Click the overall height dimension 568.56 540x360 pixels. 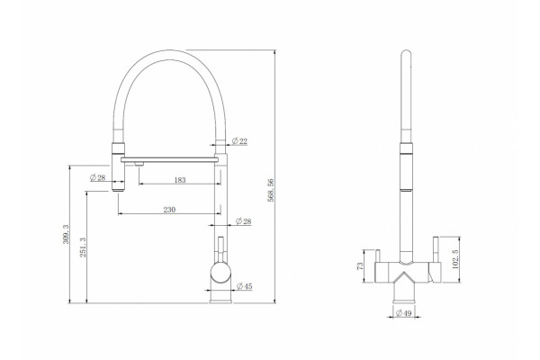[271, 190]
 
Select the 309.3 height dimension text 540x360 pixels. [66, 234]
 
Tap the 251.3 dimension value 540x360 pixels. [83, 247]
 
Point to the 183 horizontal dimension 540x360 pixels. [180, 180]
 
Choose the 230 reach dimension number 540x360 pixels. [169, 210]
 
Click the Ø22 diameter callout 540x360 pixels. [239, 141]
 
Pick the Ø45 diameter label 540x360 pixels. [245, 286]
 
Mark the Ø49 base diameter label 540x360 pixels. [403, 313]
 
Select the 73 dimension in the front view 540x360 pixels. [360, 266]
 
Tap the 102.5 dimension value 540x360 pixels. [454, 259]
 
